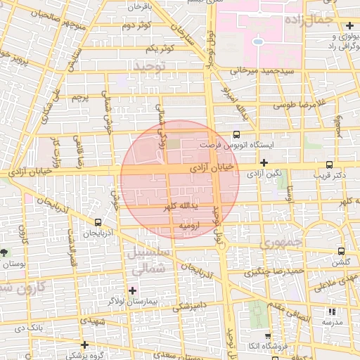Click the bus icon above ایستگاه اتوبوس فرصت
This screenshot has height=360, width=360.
tap(236, 134)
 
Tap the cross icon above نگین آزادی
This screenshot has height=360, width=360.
tap(263, 163)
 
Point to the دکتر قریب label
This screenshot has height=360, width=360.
tap(330, 174)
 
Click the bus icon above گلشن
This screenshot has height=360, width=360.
tap(341, 251)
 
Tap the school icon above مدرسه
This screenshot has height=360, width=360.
tap(332, 311)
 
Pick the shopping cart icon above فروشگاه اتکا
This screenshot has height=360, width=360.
tap(269, 336)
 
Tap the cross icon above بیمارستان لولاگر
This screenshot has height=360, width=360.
tap(132, 290)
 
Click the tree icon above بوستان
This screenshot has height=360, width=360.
tap(5, 252)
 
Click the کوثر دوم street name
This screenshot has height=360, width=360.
tap(138, 27)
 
